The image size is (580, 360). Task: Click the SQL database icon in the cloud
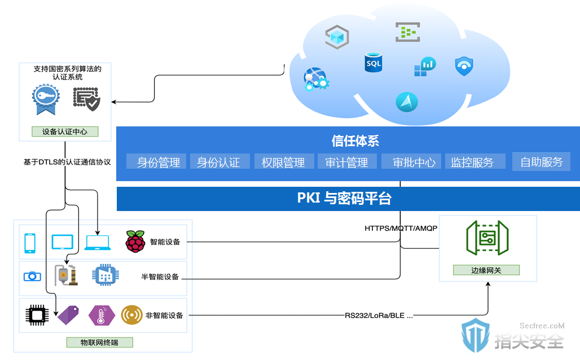[374, 62]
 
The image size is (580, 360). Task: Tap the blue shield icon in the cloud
[464, 66]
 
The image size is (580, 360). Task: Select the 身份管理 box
[156, 162]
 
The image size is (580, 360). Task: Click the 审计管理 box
[347, 162]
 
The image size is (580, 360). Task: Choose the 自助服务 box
[541, 162]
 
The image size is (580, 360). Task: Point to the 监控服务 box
[475, 162]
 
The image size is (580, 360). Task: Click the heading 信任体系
[355, 141]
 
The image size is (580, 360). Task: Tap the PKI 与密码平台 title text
[344, 198]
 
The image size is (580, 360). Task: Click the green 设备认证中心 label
[65, 131]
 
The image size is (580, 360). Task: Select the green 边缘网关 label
[486, 270]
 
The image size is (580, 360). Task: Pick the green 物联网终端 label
[99, 343]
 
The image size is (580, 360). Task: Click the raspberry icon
[135, 242]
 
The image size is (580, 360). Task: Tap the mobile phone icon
[30, 243]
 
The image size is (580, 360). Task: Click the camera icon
[32, 276]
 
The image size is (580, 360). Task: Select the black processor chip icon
[37, 315]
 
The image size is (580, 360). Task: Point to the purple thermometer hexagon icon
[102, 315]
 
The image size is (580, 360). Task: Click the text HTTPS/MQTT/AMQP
[401, 229]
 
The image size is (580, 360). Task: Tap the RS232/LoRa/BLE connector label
[379, 315]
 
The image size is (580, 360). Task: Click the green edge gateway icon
[487, 238]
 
